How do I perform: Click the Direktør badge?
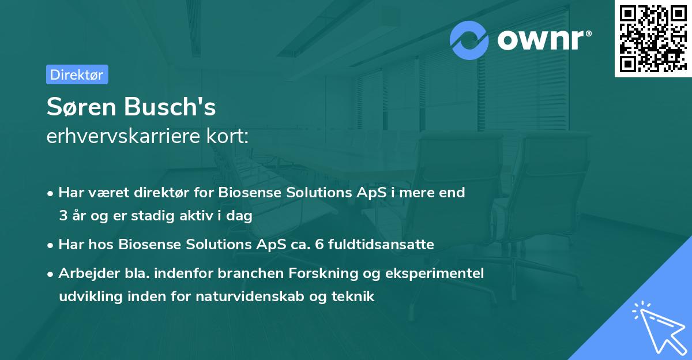click(x=77, y=75)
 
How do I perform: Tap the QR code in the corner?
click(x=653, y=39)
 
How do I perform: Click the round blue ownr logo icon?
click(x=469, y=40)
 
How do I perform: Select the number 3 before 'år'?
click(x=62, y=216)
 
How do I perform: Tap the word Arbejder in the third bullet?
click(x=84, y=273)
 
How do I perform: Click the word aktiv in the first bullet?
click(x=196, y=216)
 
